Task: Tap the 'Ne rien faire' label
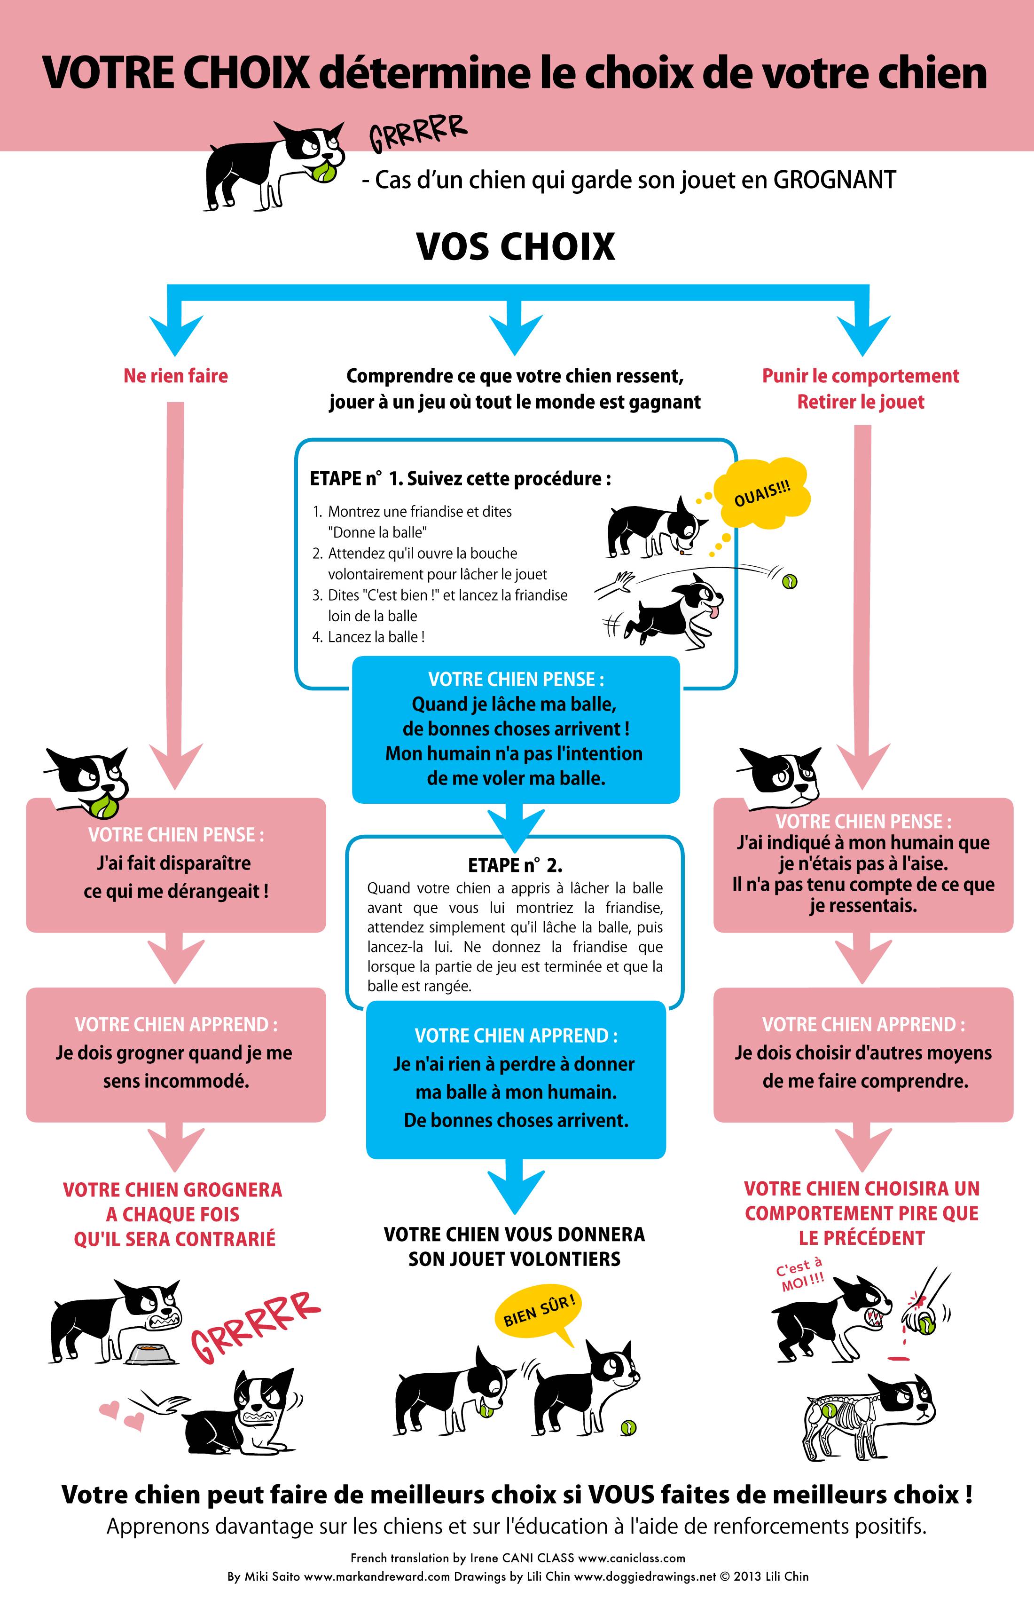175,376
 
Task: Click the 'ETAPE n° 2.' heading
515,865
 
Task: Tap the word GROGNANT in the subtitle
835,180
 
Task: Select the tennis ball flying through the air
790,581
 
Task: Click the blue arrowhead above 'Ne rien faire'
176,334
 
